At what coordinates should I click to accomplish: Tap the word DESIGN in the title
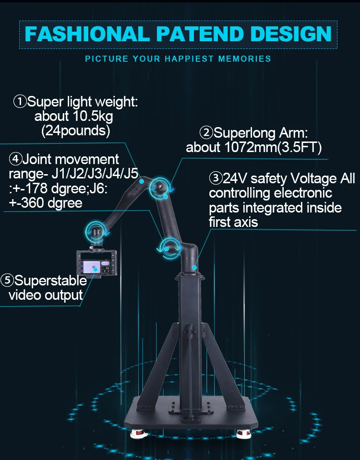(291, 34)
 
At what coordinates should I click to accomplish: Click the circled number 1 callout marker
(20, 102)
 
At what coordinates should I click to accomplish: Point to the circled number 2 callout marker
(206, 132)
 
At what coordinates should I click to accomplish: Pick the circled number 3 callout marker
(216, 179)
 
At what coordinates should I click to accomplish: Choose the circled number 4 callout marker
(16, 158)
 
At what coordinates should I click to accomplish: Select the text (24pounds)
(76, 130)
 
